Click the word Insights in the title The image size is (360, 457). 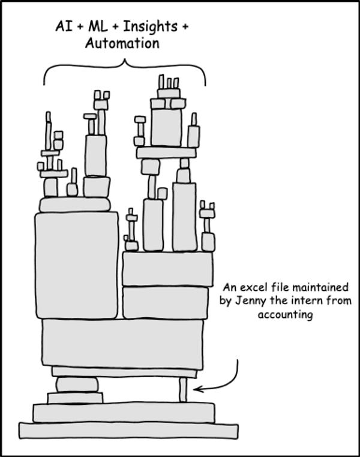coord(150,27)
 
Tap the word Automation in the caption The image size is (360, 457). coord(122,44)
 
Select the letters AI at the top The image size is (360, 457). coord(64,26)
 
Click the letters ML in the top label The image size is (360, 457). coord(98,26)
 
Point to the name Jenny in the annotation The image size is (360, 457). coord(250,301)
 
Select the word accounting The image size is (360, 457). coord(286,315)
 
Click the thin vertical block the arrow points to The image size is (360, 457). coord(183,390)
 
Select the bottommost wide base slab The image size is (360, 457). coord(128,431)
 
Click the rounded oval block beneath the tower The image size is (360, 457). coord(77,384)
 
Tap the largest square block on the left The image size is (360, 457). coord(77,265)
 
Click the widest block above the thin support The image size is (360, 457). coord(123,344)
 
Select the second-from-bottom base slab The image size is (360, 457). coord(124,413)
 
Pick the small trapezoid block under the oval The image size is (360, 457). coord(75,398)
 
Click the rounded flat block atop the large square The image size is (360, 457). coord(74,205)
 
